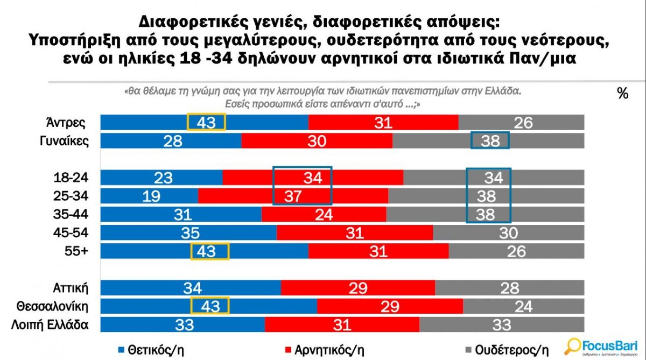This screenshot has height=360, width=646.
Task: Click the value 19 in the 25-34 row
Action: tap(152, 196)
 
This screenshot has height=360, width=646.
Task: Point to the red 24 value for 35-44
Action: tap(324, 215)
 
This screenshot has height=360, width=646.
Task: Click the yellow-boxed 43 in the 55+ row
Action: tap(210, 251)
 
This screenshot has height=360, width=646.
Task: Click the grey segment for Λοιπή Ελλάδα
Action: tap(501, 324)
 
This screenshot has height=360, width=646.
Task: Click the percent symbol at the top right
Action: tap(623, 94)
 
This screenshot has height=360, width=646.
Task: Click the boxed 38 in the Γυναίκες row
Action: tap(490, 141)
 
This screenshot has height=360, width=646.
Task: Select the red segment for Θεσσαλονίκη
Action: tap(390, 306)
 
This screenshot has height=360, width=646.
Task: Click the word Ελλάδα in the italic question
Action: tap(504, 91)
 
